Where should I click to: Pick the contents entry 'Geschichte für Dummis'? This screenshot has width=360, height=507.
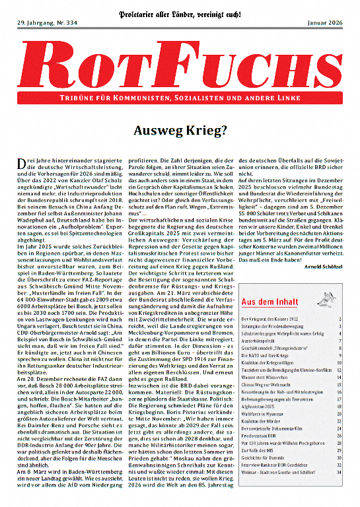pos(271,475)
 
